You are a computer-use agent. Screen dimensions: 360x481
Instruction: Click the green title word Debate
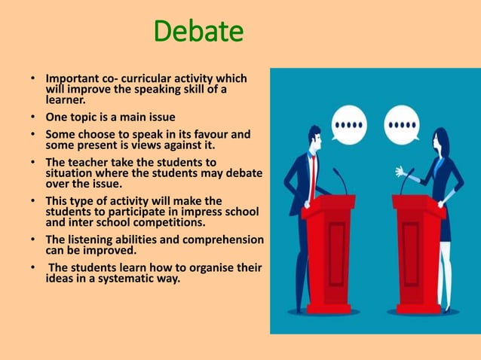[198, 32]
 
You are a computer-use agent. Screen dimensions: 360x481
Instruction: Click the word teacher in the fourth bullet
[88, 163]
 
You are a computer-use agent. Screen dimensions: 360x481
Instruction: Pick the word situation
[71, 172]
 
